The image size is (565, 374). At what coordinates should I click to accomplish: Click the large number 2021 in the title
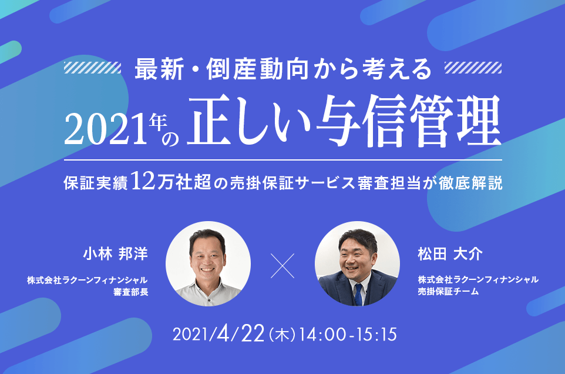pyautogui.click(x=106, y=129)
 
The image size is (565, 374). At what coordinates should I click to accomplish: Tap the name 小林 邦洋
pyautogui.click(x=115, y=254)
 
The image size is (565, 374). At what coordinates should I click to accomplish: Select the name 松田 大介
pyautogui.click(x=450, y=254)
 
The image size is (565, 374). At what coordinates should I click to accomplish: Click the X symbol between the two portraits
pyautogui.click(x=282, y=266)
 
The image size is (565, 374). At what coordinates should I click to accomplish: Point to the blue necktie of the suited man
pyautogui.click(x=358, y=295)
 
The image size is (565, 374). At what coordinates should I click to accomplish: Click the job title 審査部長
pyautogui.click(x=131, y=292)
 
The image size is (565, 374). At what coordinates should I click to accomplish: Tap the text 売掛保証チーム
pyautogui.click(x=448, y=291)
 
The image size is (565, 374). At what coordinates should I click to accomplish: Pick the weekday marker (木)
pyautogui.click(x=282, y=335)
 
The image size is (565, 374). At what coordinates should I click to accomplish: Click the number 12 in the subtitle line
pyautogui.click(x=143, y=181)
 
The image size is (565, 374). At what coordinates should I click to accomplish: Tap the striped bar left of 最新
pyautogui.click(x=92, y=68)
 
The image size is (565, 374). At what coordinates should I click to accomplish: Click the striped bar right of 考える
pyautogui.click(x=473, y=68)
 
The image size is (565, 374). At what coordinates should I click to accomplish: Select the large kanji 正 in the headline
pyautogui.click(x=209, y=122)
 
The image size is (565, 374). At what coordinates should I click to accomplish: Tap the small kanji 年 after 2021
pyautogui.click(x=158, y=122)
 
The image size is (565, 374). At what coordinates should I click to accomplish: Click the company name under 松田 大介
pyautogui.click(x=478, y=279)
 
